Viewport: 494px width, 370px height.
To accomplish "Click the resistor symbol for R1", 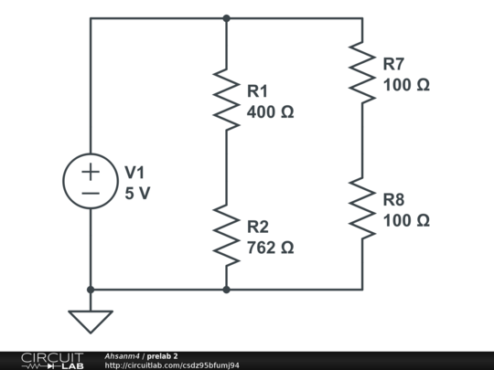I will pyautogui.click(x=226, y=96).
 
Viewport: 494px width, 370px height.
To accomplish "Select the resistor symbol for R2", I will pyautogui.click(x=226, y=235).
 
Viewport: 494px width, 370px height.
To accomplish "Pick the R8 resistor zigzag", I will pyautogui.click(x=362, y=208).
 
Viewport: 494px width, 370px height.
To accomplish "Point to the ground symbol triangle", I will pyautogui.click(x=91, y=321).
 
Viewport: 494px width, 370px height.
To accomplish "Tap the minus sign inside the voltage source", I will pyautogui.click(x=91, y=194).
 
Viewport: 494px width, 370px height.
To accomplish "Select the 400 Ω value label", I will pyautogui.click(x=271, y=112).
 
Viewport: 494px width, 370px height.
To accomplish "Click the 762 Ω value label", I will pyautogui.click(x=271, y=248).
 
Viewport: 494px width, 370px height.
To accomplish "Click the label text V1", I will pyautogui.click(x=134, y=172).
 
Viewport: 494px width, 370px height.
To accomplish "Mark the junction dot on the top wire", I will pyautogui.click(x=226, y=17).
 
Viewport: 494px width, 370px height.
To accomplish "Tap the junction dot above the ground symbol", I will pyautogui.click(x=91, y=290).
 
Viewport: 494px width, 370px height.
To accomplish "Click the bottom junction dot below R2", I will pyautogui.click(x=226, y=290).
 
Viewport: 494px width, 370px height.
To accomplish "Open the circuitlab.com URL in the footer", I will pyautogui.click(x=172, y=365).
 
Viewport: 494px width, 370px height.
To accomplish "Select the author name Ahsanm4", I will pyautogui.click(x=122, y=355).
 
